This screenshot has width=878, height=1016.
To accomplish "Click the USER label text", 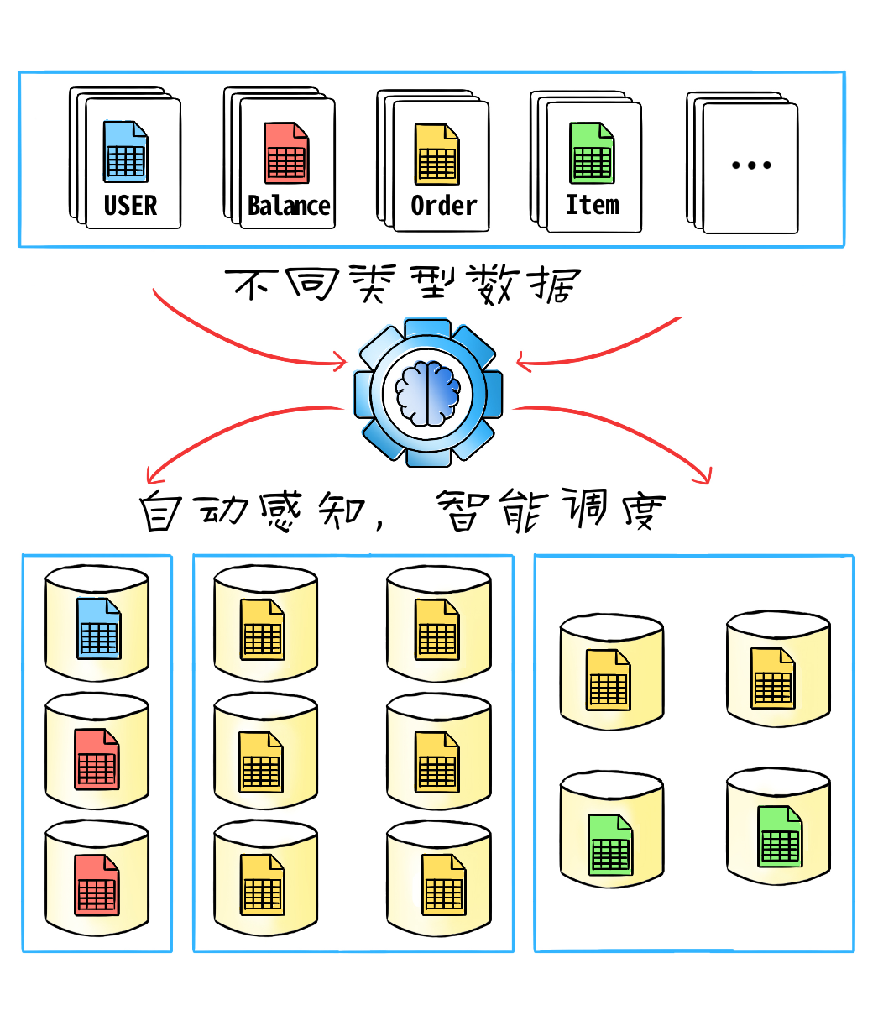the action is (131, 206).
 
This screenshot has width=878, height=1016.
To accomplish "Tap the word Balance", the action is (289, 206).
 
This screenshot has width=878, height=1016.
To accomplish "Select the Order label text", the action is (444, 206).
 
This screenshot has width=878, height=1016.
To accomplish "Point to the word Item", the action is (592, 205).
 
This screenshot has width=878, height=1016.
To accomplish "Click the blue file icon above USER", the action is (125, 151).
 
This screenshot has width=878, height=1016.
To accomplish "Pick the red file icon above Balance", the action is (286, 153).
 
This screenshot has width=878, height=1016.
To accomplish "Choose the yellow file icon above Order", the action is (436, 154).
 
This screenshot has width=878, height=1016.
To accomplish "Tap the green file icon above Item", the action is (592, 153).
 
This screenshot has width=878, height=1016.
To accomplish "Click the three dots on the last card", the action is (751, 165).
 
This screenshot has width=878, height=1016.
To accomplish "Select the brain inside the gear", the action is (428, 393).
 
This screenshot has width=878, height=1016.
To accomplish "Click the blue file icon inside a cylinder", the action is (99, 628).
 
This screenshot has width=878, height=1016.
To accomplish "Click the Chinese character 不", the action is (252, 284).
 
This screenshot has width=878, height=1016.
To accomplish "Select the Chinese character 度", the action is (644, 511).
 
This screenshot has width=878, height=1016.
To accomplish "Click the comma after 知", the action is (379, 521).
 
